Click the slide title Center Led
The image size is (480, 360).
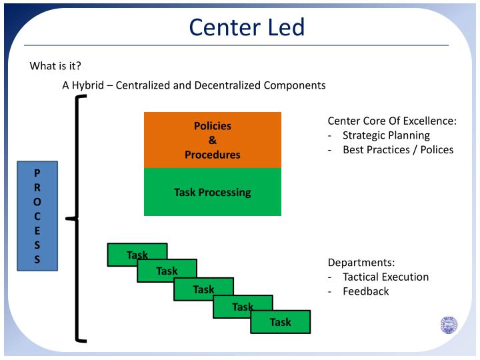coord(247,27)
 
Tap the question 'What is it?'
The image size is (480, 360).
coord(55,66)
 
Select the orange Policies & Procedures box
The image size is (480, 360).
coord(213,140)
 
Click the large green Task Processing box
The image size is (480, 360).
coord(213,192)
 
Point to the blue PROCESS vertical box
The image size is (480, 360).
coord(37,215)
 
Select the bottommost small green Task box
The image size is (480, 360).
coord(281,322)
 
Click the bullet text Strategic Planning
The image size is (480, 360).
coord(386,135)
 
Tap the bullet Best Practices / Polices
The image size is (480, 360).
coord(398,149)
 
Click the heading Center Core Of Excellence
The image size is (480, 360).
coord(392,121)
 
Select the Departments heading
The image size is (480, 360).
coord(361,262)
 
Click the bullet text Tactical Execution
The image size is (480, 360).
coord(385,277)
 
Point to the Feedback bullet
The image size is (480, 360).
coord(365,291)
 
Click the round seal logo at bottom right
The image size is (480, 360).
coord(449,325)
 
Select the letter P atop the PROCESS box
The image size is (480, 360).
coord(37,172)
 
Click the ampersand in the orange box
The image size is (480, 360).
coord(213,140)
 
